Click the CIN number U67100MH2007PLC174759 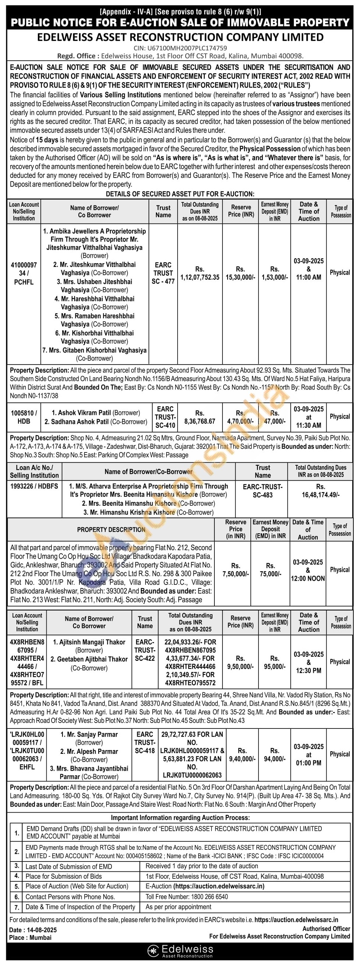coord(180,48)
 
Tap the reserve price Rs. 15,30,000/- coord(240,273)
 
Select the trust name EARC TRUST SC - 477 coord(163,273)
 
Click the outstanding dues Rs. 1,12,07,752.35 coord(200,273)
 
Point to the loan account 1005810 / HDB coord(24,417)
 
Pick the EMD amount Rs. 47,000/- coord(275,417)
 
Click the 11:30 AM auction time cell coord(309,417)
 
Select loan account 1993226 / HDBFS coord(34,486)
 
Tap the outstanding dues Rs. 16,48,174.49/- coord(321,491)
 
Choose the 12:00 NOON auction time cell coord(308,570)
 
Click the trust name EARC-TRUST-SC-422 coord(145,650)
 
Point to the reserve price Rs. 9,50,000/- coord(240,662)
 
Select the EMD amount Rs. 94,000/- coord(275,755)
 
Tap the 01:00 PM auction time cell coord(309,755)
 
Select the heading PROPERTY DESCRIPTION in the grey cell coord(111,530)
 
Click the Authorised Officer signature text coord(326,928)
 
